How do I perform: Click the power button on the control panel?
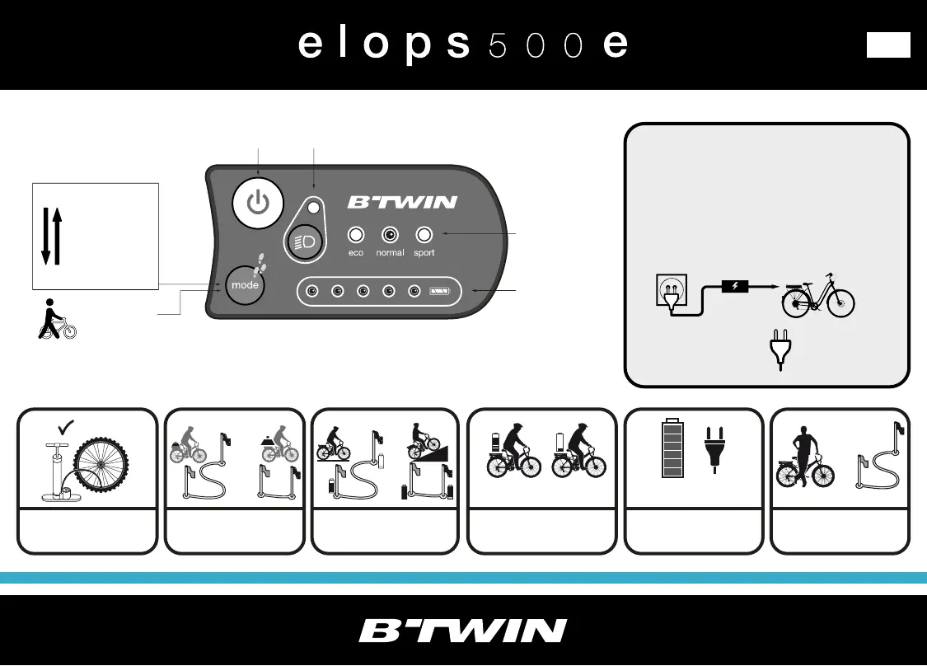coord(258,202)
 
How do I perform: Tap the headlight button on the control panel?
coord(302,240)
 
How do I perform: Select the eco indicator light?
coord(356,233)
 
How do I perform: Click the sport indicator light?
coord(424,233)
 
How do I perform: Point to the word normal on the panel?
coord(390,253)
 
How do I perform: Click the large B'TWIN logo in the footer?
coord(463,631)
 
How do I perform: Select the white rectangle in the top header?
coord(888,45)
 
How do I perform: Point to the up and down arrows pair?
coord(51,237)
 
